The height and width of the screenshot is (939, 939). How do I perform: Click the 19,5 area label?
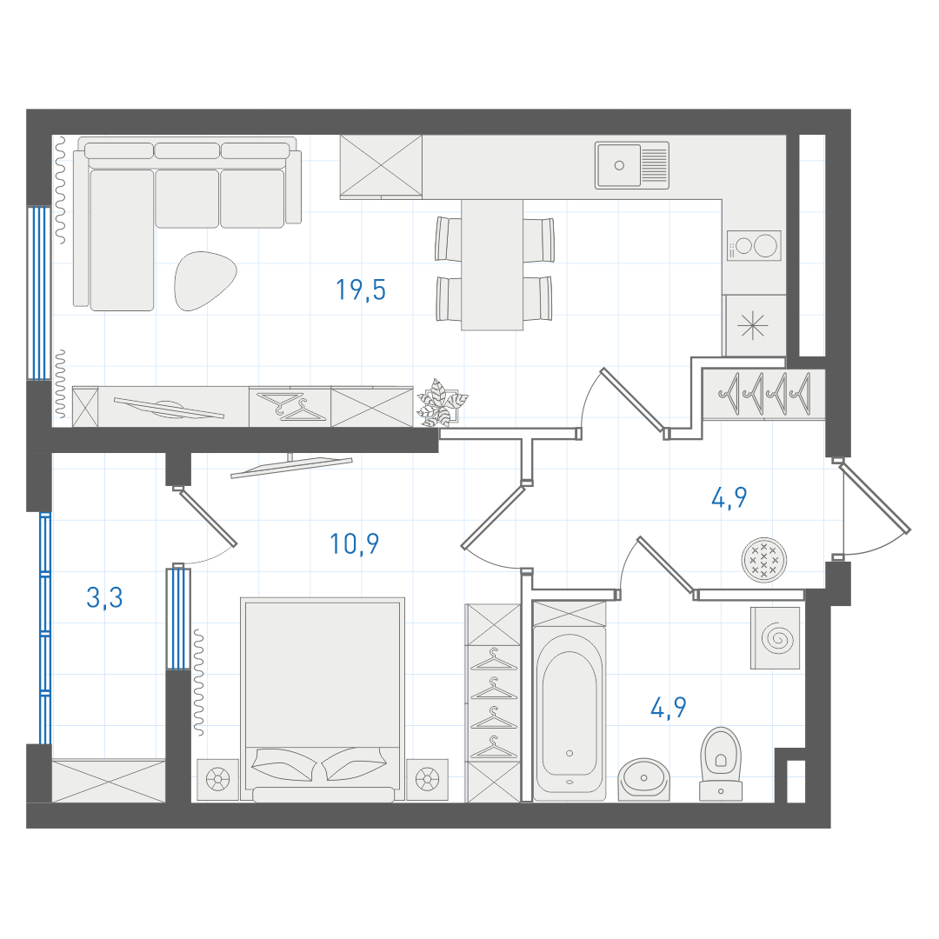pyautogui.click(x=361, y=290)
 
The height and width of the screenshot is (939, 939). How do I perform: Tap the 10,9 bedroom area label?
pyautogui.click(x=354, y=543)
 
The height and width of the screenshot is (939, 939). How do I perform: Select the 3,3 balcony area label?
pyautogui.click(x=105, y=597)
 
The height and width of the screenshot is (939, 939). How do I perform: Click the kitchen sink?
pyautogui.click(x=632, y=165)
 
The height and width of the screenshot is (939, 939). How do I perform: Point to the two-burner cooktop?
pyautogui.click(x=754, y=245)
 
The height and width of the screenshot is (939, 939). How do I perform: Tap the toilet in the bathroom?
pyautogui.click(x=721, y=764)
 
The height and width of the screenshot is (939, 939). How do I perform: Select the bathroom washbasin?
pyautogui.click(x=643, y=779)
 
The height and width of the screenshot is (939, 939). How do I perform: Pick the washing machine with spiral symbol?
pyautogui.click(x=775, y=638)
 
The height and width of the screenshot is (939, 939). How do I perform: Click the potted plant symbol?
pyautogui.click(x=442, y=403)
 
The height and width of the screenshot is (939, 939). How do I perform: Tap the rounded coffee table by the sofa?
pyautogui.click(x=205, y=280)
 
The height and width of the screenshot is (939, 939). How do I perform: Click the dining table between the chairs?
pyautogui.click(x=491, y=264)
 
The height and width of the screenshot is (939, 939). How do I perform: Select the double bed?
pyautogui.click(x=323, y=699)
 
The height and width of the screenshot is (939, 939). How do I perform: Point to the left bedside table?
pyautogui.click(x=217, y=779)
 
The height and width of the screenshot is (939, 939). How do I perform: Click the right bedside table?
pyautogui.click(x=427, y=779)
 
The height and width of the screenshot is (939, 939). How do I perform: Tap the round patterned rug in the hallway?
pyautogui.click(x=764, y=560)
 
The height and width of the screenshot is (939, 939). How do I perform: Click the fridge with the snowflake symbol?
pyautogui.click(x=754, y=325)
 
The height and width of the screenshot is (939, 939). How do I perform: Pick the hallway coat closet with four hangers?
pyautogui.click(x=763, y=394)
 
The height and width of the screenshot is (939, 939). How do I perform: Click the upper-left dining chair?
pyautogui.click(x=449, y=239)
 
